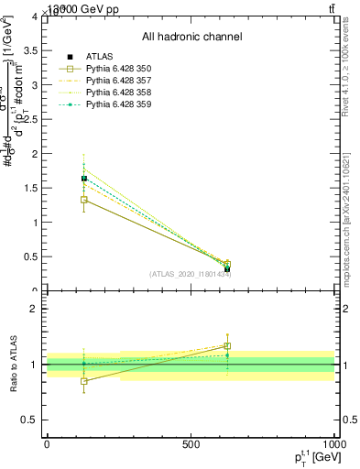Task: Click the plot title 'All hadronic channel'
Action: tap(191, 38)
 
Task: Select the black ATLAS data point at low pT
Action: tap(84, 179)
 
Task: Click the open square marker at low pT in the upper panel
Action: tap(84, 200)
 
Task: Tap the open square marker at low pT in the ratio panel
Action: tap(84, 381)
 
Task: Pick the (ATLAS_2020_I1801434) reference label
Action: tap(190, 274)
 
